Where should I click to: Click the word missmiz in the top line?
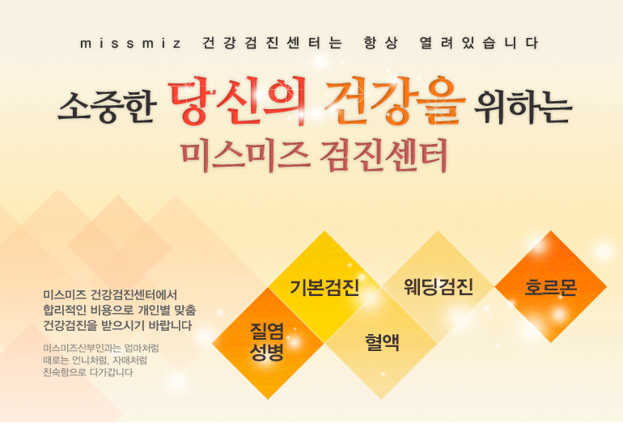[x=130, y=44]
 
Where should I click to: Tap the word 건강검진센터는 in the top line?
[x=272, y=43]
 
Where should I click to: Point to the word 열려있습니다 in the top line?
[x=479, y=43]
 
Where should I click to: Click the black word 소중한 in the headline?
[x=107, y=106]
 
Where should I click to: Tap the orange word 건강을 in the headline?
[x=395, y=100]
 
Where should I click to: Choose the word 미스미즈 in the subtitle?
[x=246, y=155]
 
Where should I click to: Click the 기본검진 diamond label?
[x=324, y=288]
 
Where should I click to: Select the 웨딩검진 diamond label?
[x=439, y=286]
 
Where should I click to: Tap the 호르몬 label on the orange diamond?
[x=550, y=288]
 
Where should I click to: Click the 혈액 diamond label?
[x=382, y=342]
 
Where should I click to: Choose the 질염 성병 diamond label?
[x=267, y=341]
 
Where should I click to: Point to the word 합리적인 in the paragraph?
[x=65, y=311]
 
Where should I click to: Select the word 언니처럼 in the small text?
[x=90, y=361]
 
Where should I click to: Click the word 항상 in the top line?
[x=380, y=43]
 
